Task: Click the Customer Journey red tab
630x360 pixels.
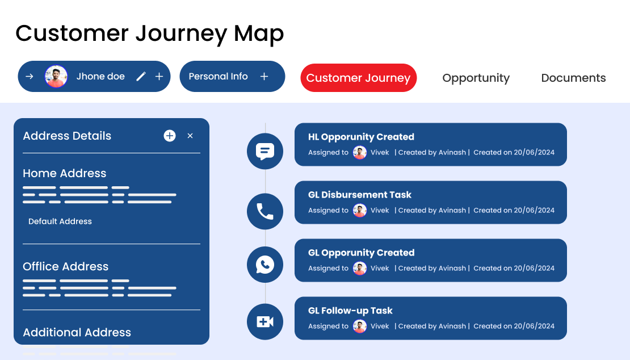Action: [358, 78]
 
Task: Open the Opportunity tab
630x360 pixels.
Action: [476, 78]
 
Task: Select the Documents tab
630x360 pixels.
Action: [573, 78]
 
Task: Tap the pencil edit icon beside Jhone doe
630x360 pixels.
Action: [141, 77]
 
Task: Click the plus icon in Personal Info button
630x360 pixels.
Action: [264, 77]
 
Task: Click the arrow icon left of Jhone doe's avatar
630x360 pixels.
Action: [30, 77]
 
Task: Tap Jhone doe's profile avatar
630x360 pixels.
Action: [56, 77]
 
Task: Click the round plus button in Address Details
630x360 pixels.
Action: [170, 136]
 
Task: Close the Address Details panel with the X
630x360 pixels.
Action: [190, 136]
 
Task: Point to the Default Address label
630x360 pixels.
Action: [60, 221]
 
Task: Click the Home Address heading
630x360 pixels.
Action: [64, 173]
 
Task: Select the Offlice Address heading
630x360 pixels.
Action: [65, 266]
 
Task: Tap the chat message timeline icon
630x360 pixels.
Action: [265, 151]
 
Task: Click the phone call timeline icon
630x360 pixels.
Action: [265, 211]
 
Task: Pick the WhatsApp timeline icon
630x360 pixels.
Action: [265, 265]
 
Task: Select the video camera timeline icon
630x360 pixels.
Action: [265, 322]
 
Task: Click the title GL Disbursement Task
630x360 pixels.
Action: [360, 195]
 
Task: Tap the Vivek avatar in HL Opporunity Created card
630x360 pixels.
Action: [360, 152]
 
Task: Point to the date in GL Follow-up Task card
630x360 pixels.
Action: [534, 326]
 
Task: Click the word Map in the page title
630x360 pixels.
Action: [259, 34]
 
